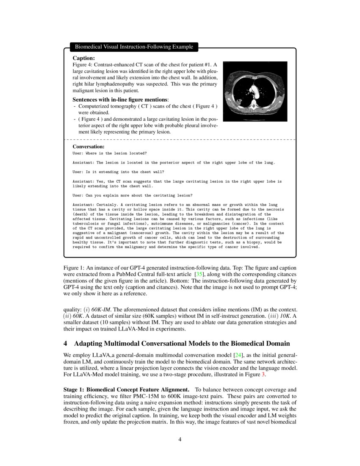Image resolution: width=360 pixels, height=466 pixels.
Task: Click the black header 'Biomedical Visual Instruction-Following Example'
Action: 134,47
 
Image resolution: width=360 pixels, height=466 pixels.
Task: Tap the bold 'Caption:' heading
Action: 83,58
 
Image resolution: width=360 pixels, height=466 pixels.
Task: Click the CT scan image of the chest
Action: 255,92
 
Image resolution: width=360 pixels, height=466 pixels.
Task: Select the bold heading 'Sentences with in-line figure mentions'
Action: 120,99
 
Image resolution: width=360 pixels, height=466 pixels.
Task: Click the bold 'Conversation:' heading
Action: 88,147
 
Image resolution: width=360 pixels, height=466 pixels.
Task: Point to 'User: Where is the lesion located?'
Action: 110,153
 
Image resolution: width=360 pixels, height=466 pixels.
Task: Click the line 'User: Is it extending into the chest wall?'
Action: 118,172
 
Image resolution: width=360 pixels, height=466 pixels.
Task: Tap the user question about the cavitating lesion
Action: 132,195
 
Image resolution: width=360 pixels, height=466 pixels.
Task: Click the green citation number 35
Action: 198,275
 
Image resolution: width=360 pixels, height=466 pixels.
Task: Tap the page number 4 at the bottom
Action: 180,439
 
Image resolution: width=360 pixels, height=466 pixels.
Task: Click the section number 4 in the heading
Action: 65,343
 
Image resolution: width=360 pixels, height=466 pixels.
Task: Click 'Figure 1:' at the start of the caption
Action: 74,268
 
